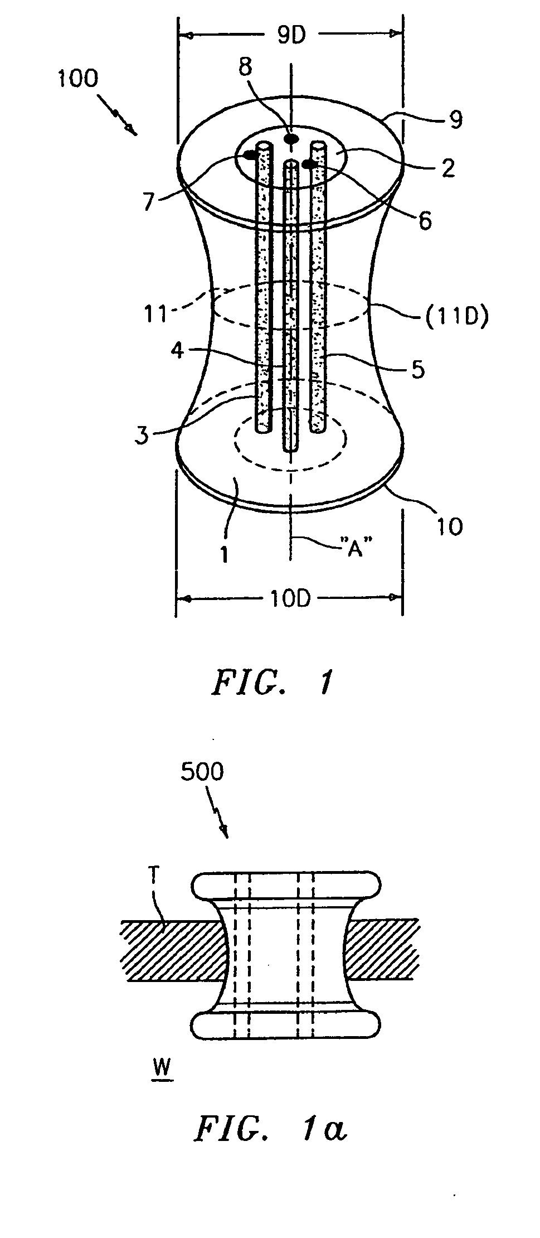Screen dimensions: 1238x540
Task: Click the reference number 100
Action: (x=77, y=79)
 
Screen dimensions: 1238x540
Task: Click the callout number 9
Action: (x=456, y=120)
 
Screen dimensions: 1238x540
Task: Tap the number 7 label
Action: (x=148, y=201)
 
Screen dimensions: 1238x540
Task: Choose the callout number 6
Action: (x=425, y=220)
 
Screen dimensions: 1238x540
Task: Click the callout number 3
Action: (x=143, y=434)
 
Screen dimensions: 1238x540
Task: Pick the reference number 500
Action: (x=201, y=771)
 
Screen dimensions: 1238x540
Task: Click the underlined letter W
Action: (x=161, y=1067)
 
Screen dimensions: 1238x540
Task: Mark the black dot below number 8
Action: (x=290, y=138)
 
